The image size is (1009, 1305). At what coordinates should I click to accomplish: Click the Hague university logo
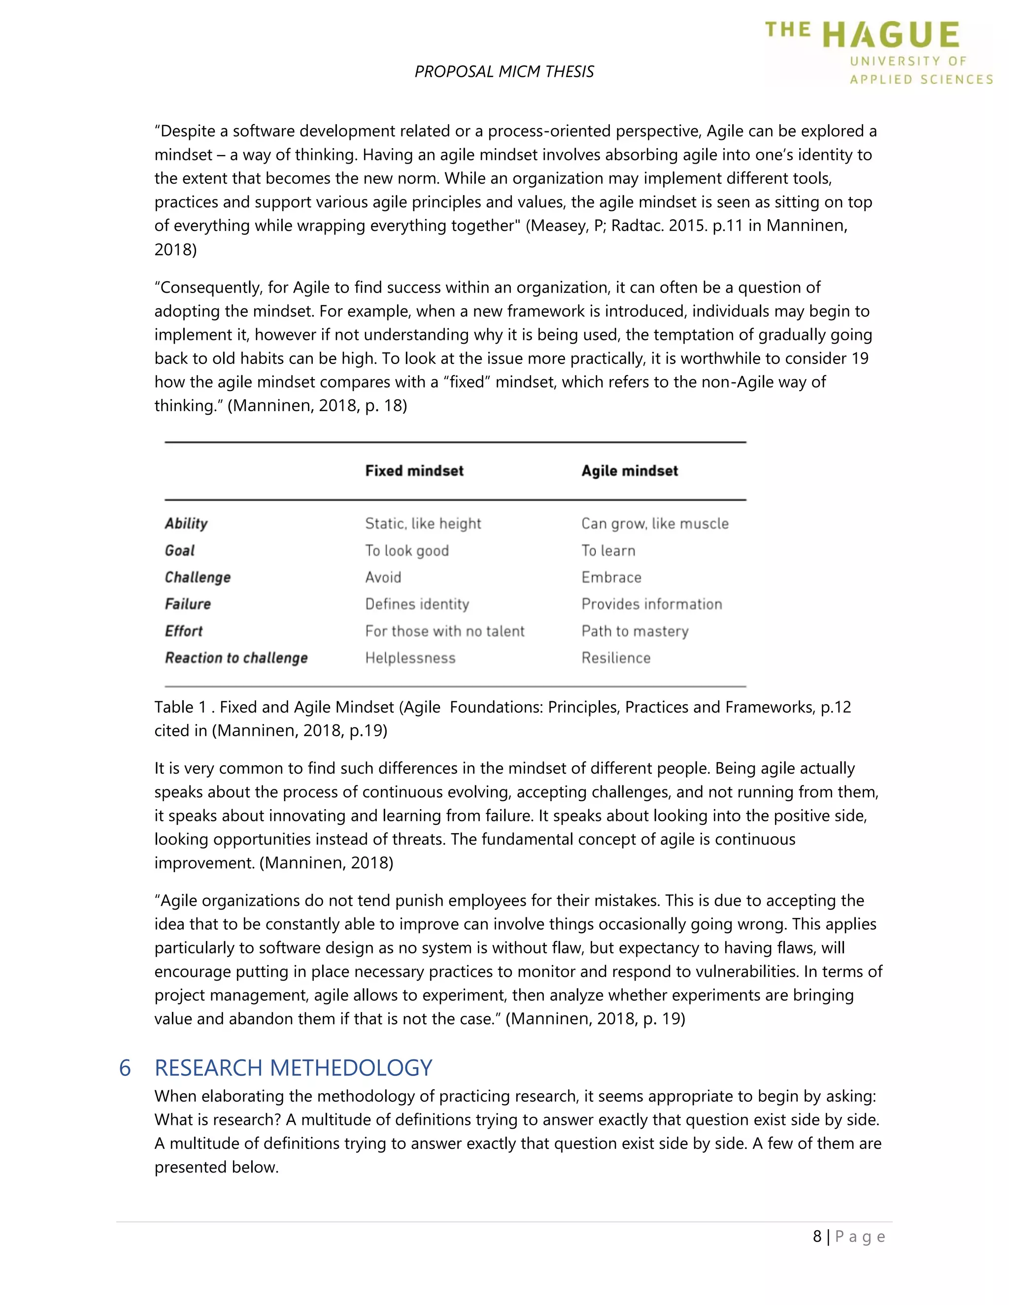point(879,53)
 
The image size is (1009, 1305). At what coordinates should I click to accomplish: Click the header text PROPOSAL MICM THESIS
point(504,72)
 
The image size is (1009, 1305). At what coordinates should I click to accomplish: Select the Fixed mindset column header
point(414,471)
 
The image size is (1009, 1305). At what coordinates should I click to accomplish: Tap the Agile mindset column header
point(630,471)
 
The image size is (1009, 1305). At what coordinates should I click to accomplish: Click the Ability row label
point(186,523)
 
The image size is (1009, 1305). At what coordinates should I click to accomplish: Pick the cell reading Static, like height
point(423,523)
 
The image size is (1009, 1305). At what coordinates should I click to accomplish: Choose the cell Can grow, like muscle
point(655,523)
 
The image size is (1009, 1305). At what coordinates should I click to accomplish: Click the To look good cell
point(406,551)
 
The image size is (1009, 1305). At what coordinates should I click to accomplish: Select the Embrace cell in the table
point(611,577)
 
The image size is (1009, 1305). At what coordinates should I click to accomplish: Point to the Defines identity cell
point(417,604)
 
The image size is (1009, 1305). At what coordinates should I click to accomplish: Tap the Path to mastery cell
point(635,631)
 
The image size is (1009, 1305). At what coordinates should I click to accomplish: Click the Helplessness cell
point(410,658)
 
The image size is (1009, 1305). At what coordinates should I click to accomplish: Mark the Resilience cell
point(616,658)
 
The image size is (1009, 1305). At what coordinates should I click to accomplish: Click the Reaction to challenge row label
point(236,658)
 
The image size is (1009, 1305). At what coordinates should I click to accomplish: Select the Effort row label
point(183,631)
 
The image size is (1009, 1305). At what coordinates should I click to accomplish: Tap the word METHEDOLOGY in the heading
point(351,1068)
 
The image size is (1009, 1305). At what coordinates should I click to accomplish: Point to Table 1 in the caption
point(180,707)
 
